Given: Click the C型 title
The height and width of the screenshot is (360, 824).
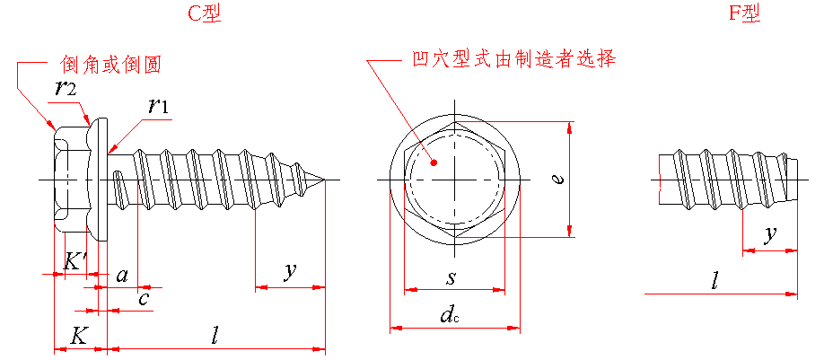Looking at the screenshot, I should [206, 13].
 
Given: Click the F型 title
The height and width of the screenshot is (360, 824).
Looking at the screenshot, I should [746, 13].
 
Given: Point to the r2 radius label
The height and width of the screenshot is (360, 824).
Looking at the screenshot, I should [66, 88].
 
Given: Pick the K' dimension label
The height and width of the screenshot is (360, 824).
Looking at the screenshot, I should [76, 261].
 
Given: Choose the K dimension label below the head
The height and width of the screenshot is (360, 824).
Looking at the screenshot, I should [79, 336].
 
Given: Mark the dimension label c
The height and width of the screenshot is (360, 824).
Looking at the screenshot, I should [144, 299].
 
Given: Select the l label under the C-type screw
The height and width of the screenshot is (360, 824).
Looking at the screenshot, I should [215, 336].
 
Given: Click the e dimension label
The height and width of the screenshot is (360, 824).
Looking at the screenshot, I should [558, 180].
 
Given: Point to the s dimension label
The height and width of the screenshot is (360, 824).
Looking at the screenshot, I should [451, 277].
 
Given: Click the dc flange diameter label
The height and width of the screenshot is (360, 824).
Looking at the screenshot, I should [450, 314].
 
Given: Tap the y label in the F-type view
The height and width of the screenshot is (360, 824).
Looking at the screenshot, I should [770, 235].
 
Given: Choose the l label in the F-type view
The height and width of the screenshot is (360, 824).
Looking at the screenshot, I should [714, 281].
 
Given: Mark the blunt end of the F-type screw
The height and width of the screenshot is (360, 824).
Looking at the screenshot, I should [796, 180].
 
